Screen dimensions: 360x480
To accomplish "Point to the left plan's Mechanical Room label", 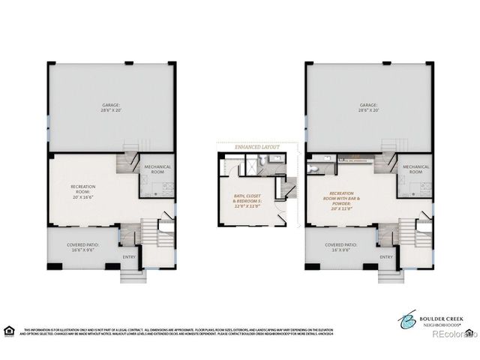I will (x=157, y=169).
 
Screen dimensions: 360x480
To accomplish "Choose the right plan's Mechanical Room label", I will (x=415, y=169).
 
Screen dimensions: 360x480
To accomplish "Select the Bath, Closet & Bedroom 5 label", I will (x=248, y=200).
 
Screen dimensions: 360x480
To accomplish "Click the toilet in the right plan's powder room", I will (x=312, y=159).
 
